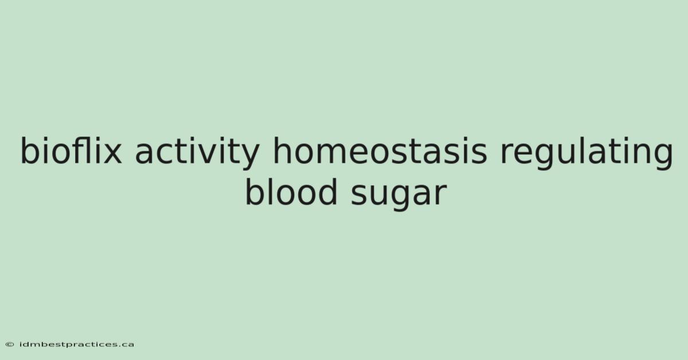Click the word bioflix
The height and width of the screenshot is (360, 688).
coord(71,150)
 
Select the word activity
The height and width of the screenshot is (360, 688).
coord(197,152)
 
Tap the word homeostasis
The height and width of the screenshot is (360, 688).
coord(380,150)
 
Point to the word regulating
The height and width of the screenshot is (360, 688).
coord(587,152)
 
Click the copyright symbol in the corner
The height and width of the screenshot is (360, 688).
coord(10,345)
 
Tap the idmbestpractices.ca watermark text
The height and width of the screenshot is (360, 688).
coord(77,345)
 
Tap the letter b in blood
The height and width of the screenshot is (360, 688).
coord(256,191)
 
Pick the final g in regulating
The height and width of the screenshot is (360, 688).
coord(662,156)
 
